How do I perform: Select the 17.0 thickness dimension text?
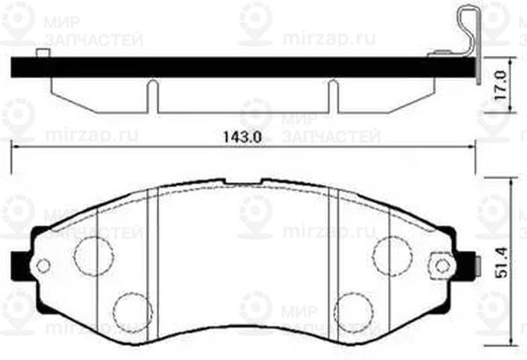502,84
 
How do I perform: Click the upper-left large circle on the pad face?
93,256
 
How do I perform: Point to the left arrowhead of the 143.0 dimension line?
15,148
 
